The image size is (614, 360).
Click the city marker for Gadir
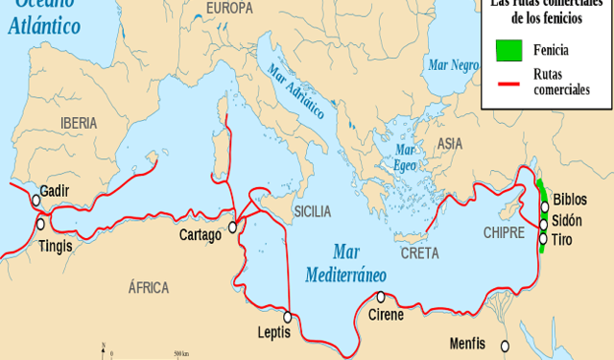click(x=35, y=201)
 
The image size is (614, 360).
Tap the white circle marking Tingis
click(x=40, y=223)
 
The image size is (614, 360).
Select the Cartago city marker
click(x=232, y=228)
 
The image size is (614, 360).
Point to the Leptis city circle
click(x=288, y=316)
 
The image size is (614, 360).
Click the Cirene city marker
click(x=381, y=297)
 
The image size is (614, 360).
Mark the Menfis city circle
click(x=506, y=345)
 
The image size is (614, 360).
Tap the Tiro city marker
click(x=543, y=239)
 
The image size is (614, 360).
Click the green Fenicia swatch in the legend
click(x=508, y=49)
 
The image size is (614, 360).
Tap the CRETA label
click(x=419, y=253)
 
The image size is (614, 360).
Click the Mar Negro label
click(x=453, y=65)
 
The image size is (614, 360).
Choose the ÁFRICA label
click(x=148, y=287)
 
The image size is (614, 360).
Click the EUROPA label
click(x=230, y=9)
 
